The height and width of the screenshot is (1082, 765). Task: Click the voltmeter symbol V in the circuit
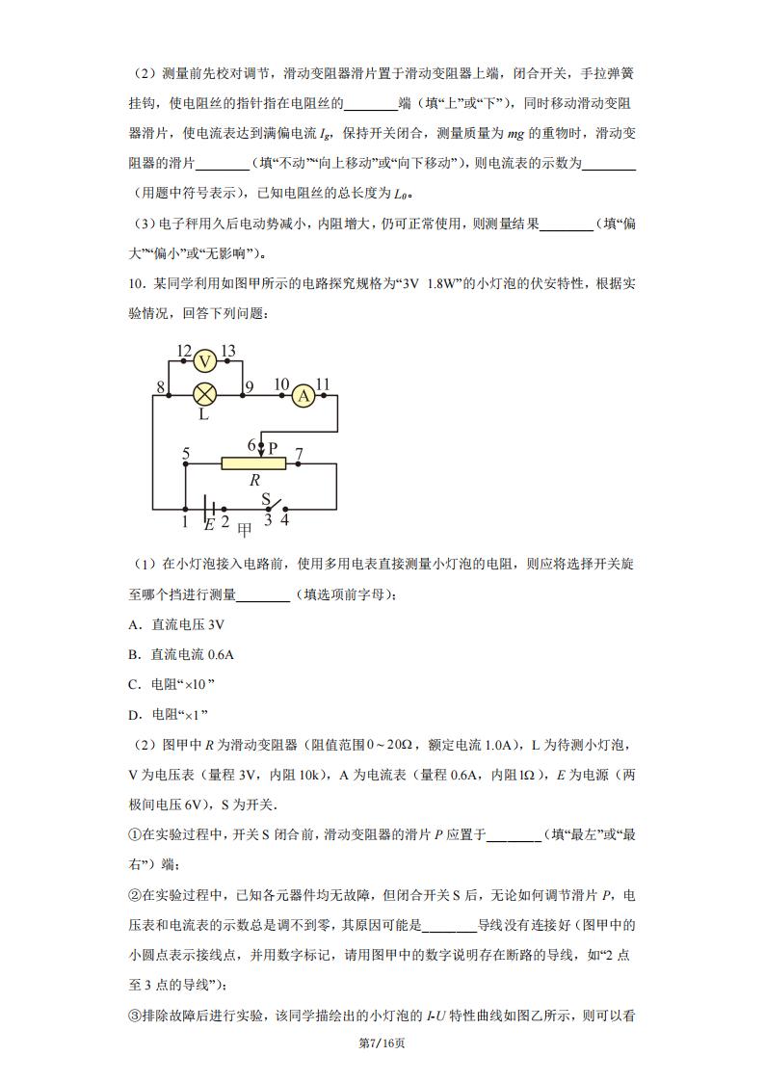(204, 361)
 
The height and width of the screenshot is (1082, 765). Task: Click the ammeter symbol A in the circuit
(303, 395)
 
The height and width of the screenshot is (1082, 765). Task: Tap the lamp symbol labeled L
(204, 394)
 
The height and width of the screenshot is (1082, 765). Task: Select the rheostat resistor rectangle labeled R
(252, 463)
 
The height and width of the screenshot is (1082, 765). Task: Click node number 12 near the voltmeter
(185, 350)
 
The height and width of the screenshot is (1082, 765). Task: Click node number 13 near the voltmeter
(228, 350)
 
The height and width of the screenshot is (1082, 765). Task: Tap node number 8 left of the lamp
(160, 387)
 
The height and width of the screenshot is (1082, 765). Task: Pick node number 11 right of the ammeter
(323, 385)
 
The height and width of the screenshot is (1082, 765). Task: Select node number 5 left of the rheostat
(185, 453)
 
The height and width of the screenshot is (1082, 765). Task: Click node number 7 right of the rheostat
(299, 453)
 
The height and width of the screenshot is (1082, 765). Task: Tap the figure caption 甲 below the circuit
(245, 528)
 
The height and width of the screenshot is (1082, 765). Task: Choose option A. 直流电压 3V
(175, 623)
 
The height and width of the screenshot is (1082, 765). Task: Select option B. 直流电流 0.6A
(180, 654)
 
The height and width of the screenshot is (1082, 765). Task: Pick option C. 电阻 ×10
(170, 684)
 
